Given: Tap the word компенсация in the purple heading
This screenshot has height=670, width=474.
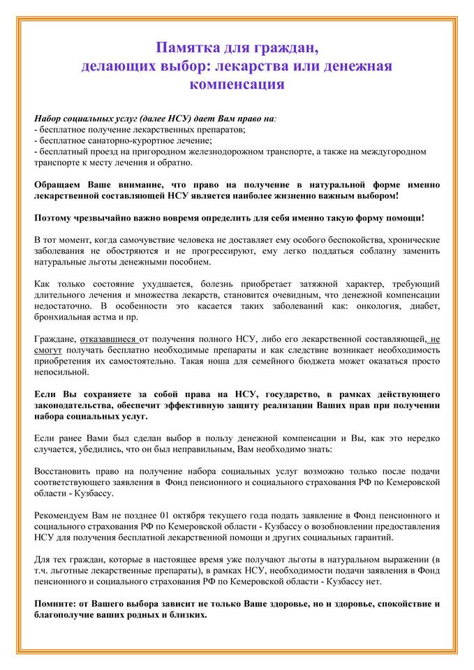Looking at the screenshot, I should (237, 84).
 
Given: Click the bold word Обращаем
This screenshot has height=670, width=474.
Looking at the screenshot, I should (59, 185).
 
